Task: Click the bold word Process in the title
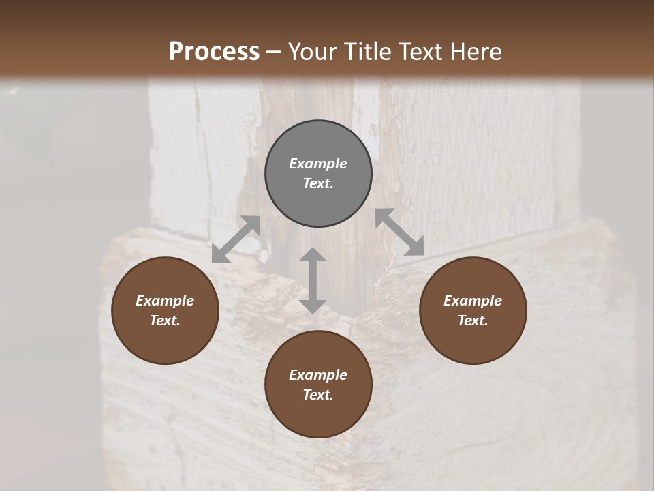214,52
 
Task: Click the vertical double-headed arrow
313,281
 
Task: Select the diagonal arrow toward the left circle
236,239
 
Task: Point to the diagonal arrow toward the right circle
400,232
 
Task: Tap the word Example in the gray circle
318,164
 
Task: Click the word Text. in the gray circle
318,183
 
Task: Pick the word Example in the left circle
165,301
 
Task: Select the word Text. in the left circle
165,321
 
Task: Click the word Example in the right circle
473,301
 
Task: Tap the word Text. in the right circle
473,321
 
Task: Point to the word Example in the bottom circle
318,375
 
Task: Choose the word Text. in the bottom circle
318,395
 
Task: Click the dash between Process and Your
274,53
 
